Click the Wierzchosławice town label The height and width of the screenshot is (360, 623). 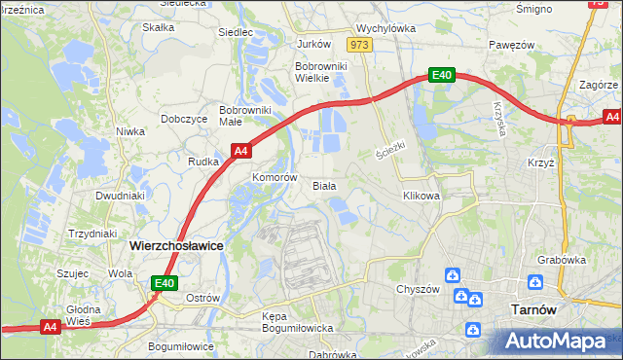click(176, 247)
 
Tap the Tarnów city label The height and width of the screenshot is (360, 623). click(533, 309)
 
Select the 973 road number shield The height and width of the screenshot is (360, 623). click(360, 45)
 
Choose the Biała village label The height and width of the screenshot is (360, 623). click(324, 185)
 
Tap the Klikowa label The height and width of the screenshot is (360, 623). click(421, 196)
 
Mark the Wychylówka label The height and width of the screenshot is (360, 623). click(386, 29)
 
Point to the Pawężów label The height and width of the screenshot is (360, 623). click(513, 45)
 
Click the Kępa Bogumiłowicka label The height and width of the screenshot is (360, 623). click(299, 323)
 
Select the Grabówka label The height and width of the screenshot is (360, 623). click(561, 260)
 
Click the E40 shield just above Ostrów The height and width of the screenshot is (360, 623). click(165, 283)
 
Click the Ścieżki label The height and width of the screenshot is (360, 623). click(389, 152)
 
